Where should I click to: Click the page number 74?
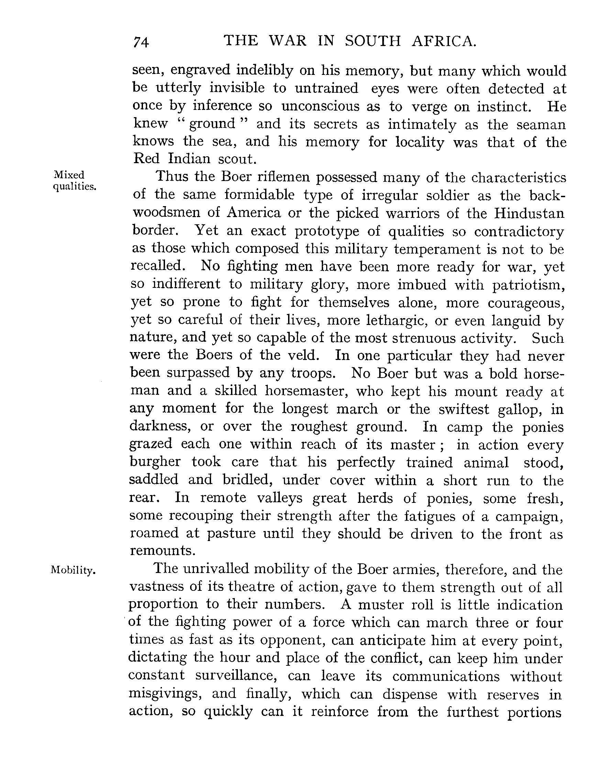pos(141,42)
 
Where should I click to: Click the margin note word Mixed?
pos(69,175)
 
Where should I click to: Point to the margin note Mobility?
pos(74,571)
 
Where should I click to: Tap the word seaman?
pos(541,124)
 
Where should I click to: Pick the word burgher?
pos(155,462)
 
